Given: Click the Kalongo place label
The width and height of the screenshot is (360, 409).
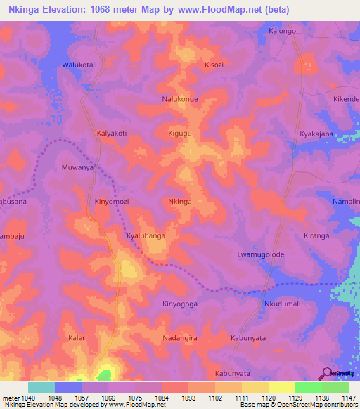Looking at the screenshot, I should (x=283, y=32).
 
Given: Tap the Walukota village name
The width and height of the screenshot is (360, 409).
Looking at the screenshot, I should (x=78, y=65).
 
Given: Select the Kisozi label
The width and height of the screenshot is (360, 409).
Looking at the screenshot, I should (x=214, y=65).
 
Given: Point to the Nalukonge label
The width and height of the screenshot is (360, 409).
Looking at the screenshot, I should (x=200, y=100).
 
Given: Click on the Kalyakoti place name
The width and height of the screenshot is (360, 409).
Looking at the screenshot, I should (x=111, y=132).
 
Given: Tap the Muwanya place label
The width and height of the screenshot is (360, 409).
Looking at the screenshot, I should (x=78, y=168).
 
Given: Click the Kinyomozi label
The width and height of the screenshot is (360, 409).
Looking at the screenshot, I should (x=112, y=202).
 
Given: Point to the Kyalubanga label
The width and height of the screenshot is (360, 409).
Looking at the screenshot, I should (x=146, y=236).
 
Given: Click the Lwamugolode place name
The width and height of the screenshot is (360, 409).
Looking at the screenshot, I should (x=260, y=253).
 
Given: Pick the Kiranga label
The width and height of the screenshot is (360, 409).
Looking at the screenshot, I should (x=316, y=236).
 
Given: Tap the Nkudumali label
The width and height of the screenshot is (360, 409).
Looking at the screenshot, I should (x=282, y=304).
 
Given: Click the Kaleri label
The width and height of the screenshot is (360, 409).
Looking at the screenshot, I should (x=77, y=338).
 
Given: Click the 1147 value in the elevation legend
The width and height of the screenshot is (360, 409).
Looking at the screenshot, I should (x=345, y=396).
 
